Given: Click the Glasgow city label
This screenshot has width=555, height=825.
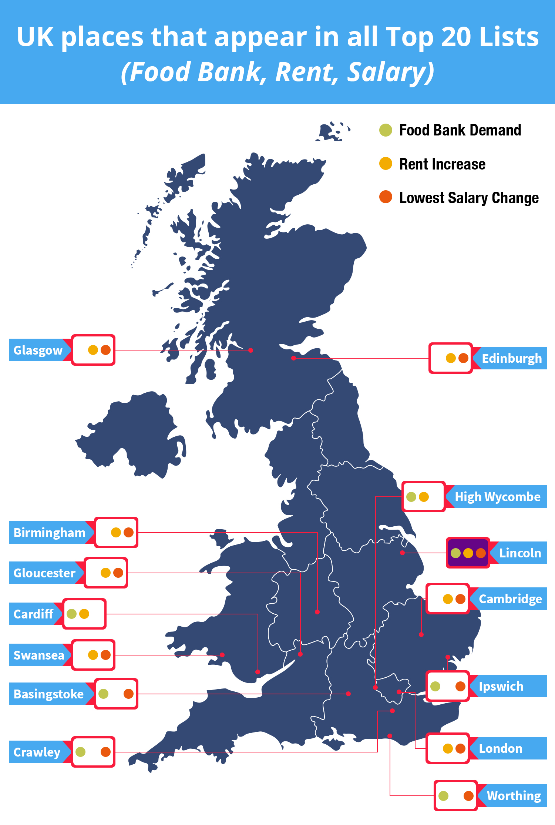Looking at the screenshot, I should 38,350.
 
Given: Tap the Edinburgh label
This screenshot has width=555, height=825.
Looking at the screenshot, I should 511,358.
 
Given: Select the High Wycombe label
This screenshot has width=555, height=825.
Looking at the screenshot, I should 497,497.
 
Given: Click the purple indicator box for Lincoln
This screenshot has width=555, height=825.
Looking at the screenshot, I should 468,553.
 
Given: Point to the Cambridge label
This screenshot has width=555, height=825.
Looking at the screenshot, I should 510,599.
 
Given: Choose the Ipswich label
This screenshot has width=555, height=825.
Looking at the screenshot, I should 501,686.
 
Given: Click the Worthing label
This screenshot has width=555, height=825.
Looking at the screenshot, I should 514,796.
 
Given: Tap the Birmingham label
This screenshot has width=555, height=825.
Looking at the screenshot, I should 49,533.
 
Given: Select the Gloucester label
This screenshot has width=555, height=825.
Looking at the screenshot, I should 44,573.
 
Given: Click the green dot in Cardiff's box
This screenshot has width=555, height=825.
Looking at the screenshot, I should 72,614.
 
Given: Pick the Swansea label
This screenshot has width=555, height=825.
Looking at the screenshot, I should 39,655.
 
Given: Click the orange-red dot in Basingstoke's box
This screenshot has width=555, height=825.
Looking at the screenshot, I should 128,694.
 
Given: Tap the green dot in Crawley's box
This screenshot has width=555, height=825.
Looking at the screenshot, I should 81,752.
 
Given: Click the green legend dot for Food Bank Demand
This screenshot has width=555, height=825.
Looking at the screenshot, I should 386,130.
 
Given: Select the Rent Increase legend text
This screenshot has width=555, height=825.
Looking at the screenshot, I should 442,164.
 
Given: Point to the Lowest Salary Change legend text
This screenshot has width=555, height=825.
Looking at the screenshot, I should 469,198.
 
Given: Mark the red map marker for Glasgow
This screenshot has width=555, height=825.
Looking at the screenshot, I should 250,350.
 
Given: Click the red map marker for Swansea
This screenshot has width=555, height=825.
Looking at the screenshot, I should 222,655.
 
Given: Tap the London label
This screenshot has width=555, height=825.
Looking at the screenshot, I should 500,748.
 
